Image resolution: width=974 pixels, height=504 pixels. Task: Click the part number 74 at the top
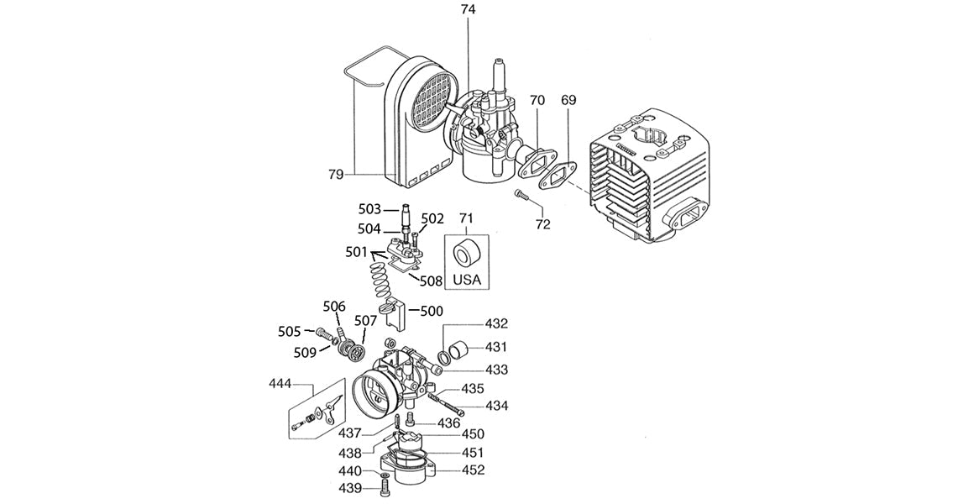click(468, 10)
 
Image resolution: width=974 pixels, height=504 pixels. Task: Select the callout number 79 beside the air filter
click(336, 174)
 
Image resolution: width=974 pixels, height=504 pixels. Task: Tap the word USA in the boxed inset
click(467, 279)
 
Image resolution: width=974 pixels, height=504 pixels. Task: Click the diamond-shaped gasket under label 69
click(558, 176)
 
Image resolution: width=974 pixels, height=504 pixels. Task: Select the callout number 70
click(537, 100)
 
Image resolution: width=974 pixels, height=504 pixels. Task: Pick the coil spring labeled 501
click(381, 277)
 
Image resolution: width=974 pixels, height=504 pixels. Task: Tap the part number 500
click(432, 311)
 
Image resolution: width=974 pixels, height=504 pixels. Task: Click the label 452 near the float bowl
click(473, 470)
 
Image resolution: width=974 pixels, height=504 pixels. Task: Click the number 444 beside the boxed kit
click(280, 384)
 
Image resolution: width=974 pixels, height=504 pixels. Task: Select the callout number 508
click(432, 280)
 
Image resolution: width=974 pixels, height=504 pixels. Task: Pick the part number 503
click(369, 208)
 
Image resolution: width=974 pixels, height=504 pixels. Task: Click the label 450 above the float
click(473, 434)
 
